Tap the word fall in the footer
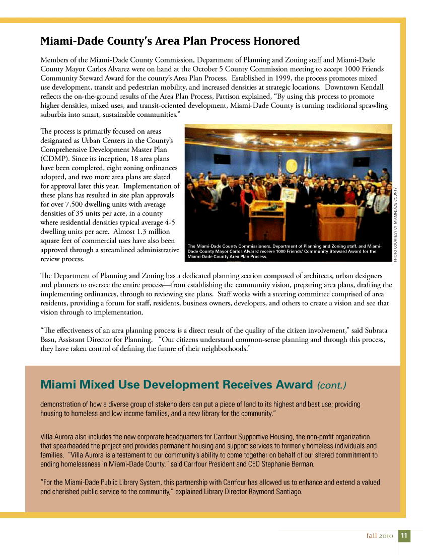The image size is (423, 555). tap(372, 536)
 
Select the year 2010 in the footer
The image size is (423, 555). tap(386, 536)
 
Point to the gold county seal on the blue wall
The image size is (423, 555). tap(291, 166)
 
